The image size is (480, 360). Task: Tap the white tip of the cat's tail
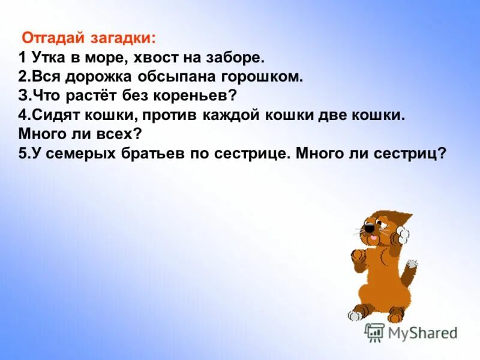click(x=411, y=264)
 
